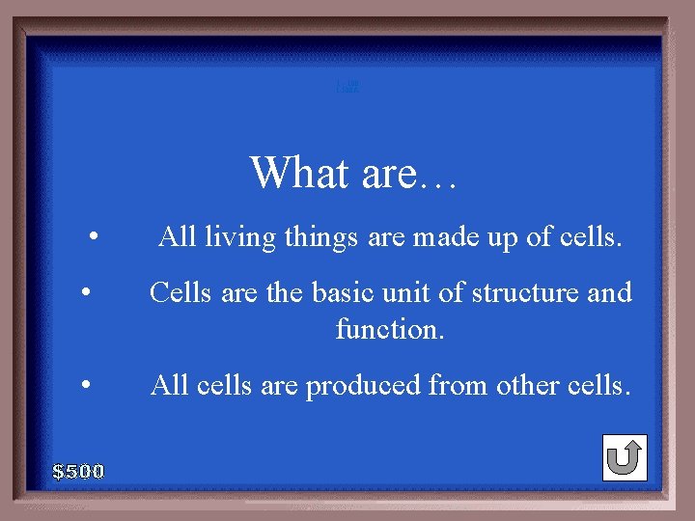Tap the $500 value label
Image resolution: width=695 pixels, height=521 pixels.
78,472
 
